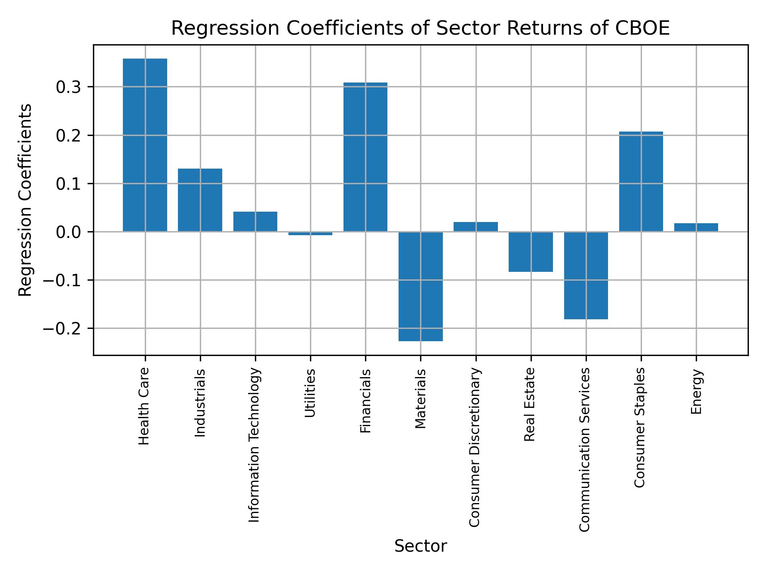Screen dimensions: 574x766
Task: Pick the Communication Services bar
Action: [x=586, y=275]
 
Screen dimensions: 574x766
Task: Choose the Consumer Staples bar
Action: [x=641, y=181]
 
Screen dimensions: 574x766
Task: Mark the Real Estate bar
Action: [x=531, y=252]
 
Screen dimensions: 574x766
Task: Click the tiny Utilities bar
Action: [x=310, y=234]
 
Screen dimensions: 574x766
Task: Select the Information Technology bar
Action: [x=255, y=221]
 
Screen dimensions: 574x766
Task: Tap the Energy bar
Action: [x=696, y=227]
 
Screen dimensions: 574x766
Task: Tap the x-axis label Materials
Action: [x=420, y=399]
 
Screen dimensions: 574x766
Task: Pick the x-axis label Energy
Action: [x=696, y=391]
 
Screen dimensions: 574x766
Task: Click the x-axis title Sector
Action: [x=420, y=546]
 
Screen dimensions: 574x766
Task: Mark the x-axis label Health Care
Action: [x=144, y=406]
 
